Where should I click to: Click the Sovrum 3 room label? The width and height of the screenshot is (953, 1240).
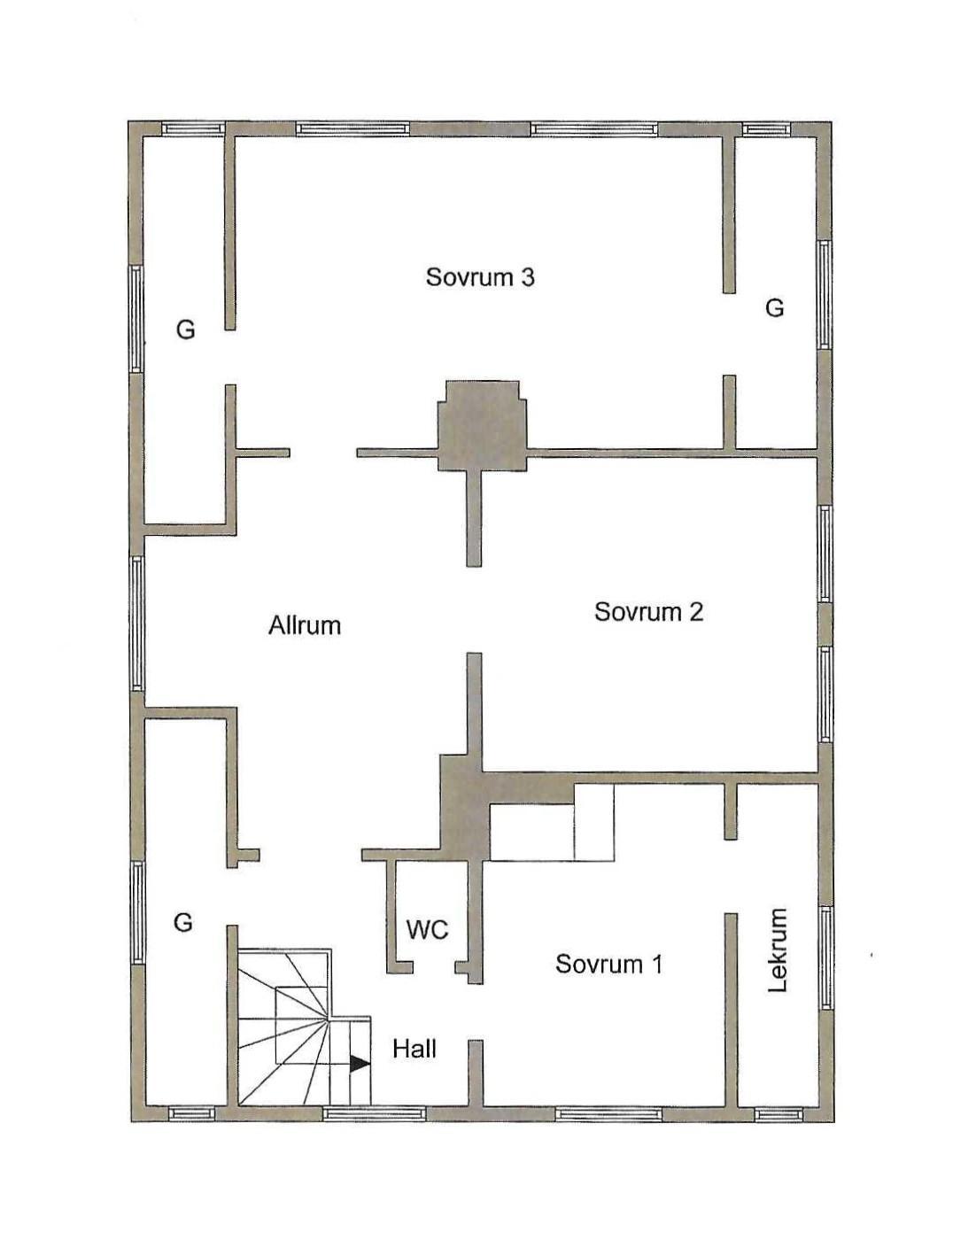tap(480, 278)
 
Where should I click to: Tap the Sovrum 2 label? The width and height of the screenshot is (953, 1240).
tap(649, 612)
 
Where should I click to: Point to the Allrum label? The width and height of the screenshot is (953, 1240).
tap(305, 625)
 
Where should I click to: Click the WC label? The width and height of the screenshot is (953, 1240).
tap(428, 930)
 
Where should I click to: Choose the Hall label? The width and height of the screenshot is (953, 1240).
tap(415, 1049)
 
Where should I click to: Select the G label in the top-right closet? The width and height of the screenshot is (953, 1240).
tap(774, 308)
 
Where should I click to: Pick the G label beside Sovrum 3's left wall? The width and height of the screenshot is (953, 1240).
tap(186, 329)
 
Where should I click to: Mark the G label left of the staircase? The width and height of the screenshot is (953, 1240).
tap(183, 922)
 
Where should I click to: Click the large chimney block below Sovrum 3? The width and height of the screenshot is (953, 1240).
tap(482, 426)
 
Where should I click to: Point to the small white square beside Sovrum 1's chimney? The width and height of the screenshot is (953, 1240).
tap(593, 822)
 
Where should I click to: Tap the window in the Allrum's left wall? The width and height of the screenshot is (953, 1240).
tap(137, 624)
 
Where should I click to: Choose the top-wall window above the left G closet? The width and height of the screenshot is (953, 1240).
tap(191, 129)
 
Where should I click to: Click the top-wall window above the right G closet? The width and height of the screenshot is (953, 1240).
tap(766, 129)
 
